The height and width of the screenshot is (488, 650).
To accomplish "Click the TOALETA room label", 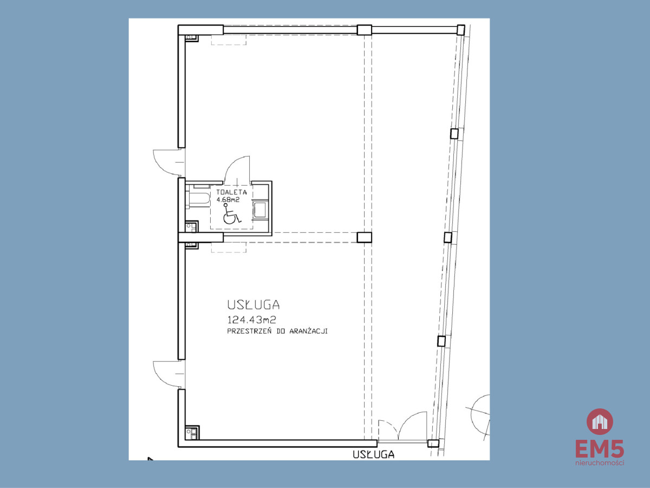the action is [231, 192].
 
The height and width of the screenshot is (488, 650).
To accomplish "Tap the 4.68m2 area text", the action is [227, 199].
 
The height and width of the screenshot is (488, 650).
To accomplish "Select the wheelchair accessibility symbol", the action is [231, 214].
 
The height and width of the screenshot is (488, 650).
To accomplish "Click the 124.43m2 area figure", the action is [251, 320].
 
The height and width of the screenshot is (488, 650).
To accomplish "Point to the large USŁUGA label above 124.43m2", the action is [253, 304].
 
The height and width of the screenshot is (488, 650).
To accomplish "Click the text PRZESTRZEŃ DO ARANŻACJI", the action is [277, 331].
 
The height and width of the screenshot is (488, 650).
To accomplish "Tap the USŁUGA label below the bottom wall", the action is [373, 454].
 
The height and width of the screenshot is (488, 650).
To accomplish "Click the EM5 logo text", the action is [600, 448].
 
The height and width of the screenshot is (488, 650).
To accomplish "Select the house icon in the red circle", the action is [600, 422].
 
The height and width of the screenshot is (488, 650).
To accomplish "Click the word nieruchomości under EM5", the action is [600, 463].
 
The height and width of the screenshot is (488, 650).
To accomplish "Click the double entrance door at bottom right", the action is [403, 426].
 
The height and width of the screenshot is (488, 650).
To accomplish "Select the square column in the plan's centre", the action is [364, 237].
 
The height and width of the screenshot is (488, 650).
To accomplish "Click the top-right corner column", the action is [460, 30].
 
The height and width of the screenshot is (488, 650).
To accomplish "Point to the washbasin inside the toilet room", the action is [261, 209].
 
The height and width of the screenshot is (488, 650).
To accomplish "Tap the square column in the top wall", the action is [364, 30].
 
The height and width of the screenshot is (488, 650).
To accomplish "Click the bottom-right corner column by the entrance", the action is [433, 443].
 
